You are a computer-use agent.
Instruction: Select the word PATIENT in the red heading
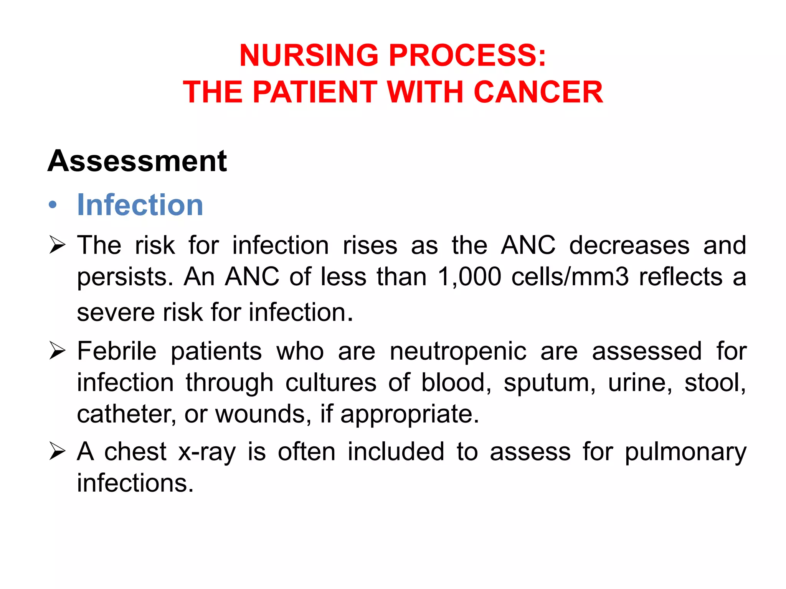pyautogui.click(x=315, y=92)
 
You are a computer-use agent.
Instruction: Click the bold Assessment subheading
pyautogui.click(x=137, y=161)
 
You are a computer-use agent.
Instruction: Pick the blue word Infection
pyautogui.click(x=140, y=205)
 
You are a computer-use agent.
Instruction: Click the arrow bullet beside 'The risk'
pyautogui.click(x=58, y=245)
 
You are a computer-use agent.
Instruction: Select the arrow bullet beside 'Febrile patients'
pyautogui.click(x=58, y=351)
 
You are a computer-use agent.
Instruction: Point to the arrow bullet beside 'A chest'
pyautogui.click(x=58, y=451)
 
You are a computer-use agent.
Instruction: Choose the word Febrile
pyautogui.click(x=117, y=351)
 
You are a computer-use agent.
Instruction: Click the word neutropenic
pyautogui.click(x=458, y=351)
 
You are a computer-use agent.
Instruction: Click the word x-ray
pyautogui.click(x=207, y=452)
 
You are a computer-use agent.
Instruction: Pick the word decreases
pyautogui.click(x=629, y=245)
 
